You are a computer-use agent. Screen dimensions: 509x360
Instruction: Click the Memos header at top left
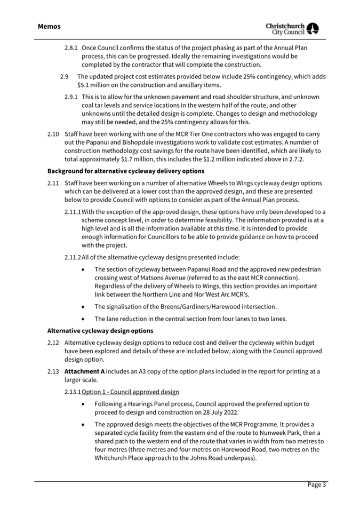[49, 26]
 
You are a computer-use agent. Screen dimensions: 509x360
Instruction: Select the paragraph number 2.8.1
[71, 48]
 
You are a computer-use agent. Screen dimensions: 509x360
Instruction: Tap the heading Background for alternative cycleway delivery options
[126, 171]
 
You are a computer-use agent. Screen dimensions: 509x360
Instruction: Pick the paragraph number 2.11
[53, 184]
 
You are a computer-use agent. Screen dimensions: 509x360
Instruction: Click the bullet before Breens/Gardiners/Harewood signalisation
[84, 306]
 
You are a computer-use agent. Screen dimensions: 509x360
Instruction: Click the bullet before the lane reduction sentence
[84, 319]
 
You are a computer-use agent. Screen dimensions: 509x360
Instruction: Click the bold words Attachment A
[84, 371]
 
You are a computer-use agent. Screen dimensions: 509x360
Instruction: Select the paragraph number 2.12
[53, 343]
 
